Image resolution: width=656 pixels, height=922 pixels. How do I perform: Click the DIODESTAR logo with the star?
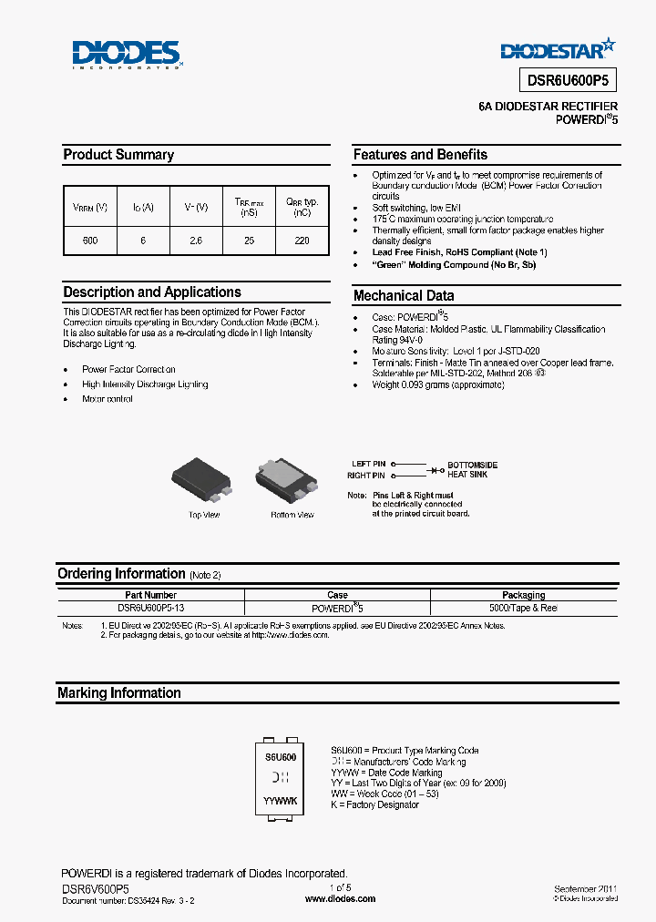pos(558,47)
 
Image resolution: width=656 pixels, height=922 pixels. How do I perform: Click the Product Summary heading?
pos(118,155)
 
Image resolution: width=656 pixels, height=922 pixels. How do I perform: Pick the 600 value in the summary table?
pos(89,241)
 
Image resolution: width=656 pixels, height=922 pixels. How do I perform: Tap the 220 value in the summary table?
pos(302,241)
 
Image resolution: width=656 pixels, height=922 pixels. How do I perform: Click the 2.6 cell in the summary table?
pos(195,241)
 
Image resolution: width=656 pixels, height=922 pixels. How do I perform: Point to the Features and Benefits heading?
pos(420,155)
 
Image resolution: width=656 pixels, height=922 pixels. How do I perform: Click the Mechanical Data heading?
pos(403,295)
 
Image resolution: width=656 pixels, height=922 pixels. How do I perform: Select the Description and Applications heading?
pos(152,292)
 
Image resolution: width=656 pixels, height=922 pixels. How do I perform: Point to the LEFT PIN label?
pos(368,465)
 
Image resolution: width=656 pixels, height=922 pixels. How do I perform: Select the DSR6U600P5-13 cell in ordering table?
pos(151,608)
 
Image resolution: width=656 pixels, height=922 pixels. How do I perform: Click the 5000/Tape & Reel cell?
pos(523,608)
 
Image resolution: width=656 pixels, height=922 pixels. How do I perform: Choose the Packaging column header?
pos(523,595)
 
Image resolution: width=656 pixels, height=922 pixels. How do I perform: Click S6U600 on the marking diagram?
pos(281,757)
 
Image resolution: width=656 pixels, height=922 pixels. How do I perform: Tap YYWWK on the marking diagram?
pos(281,800)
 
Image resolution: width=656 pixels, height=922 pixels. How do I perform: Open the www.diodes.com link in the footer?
pos(340,898)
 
